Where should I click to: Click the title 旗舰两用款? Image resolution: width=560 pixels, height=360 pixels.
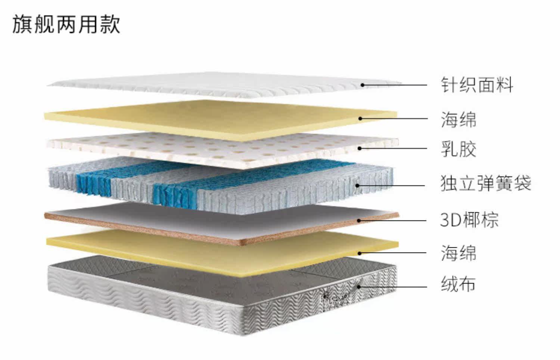click(66, 25)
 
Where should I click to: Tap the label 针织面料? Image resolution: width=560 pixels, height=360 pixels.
click(477, 85)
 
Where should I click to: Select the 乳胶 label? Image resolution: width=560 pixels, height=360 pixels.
click(458, 149)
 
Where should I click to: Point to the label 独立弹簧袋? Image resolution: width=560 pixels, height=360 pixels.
click(485, 183)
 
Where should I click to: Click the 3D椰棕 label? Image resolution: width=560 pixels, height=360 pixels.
click(469, 219)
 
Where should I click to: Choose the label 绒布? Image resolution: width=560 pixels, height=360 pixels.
click(458, 284)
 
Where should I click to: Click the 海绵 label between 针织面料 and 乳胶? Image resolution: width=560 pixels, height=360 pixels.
click(458, 119)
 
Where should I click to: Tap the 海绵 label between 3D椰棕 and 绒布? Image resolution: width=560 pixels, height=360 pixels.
click(458, 253)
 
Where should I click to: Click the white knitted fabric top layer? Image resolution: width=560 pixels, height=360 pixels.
click(224, 84)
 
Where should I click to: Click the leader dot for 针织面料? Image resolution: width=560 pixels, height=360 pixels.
click(362, 85)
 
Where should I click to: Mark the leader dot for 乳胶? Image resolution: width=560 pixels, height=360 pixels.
click(360, 148)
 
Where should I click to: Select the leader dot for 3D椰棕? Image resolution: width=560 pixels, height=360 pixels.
click(359, 220)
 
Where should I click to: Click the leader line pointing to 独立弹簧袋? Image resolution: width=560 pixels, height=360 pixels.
click(392, 185)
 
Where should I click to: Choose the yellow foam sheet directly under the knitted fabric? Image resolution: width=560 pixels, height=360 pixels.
click(220, 119)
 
